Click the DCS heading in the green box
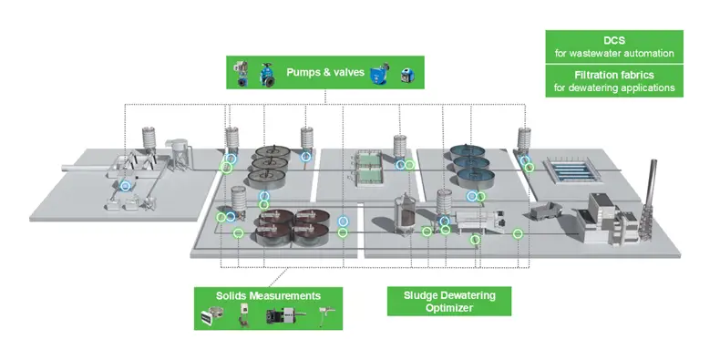[614, 40]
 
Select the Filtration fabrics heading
[614, 75]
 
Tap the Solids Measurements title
[268, 296]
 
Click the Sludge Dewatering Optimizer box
[444, 301]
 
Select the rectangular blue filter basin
[568, 170]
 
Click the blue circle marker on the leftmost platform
[127, 185]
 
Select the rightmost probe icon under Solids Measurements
[323, 316]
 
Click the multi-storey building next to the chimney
[605, 216]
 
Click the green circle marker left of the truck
[518, 234]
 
